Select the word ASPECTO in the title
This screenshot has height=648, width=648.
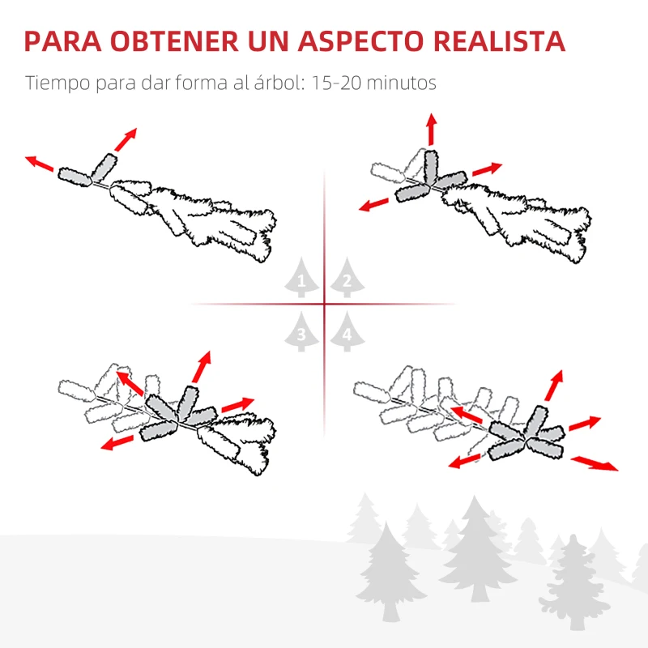click(358, 41)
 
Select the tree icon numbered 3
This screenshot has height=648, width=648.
click(301, 331)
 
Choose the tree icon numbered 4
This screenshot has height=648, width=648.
click(347, 331)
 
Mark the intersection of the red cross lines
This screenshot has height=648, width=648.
click(324, 305)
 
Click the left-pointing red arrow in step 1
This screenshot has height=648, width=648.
click(40, 164)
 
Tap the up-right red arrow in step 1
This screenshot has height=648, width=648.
click(125, 139)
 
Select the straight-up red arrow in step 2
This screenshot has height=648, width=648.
click(431, 130)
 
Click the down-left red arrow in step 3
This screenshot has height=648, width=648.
click(117, 441)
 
